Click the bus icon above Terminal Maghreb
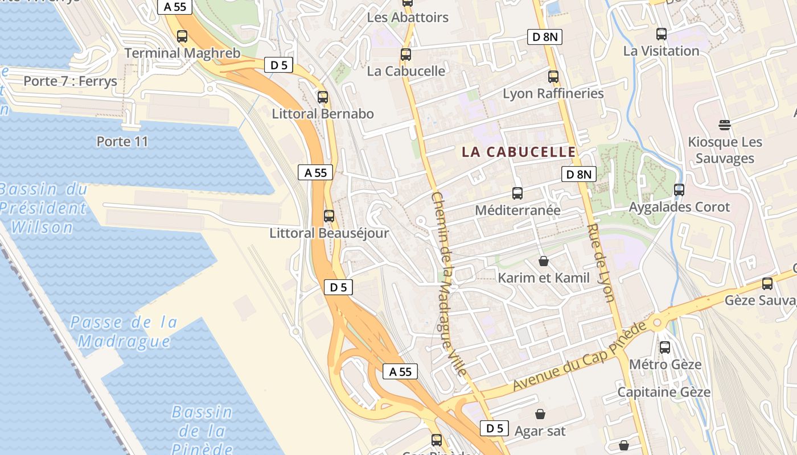tap(182, 36)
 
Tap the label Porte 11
tap(122, 141)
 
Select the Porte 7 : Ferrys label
tap(70, 81)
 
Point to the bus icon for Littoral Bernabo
tap(323, 97)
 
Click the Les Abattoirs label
tap(408, 18)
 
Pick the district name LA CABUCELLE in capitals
tap(519, 152)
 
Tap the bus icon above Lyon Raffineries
tap(553, 76)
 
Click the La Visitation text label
tap(661, 51)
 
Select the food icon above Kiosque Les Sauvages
tap(725, 125)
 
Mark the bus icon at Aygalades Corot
tap(679, 190)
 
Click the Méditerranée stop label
tap(517, 210)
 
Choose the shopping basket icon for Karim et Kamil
tap(544, 261)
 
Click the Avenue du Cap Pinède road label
tap(580, 357)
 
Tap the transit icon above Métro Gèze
tap(664, 347)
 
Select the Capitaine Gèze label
tap(664, 392)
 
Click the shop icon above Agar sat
tap(540, 413)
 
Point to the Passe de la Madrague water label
tap(124, 332)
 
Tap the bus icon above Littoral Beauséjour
tap(329, 216)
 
